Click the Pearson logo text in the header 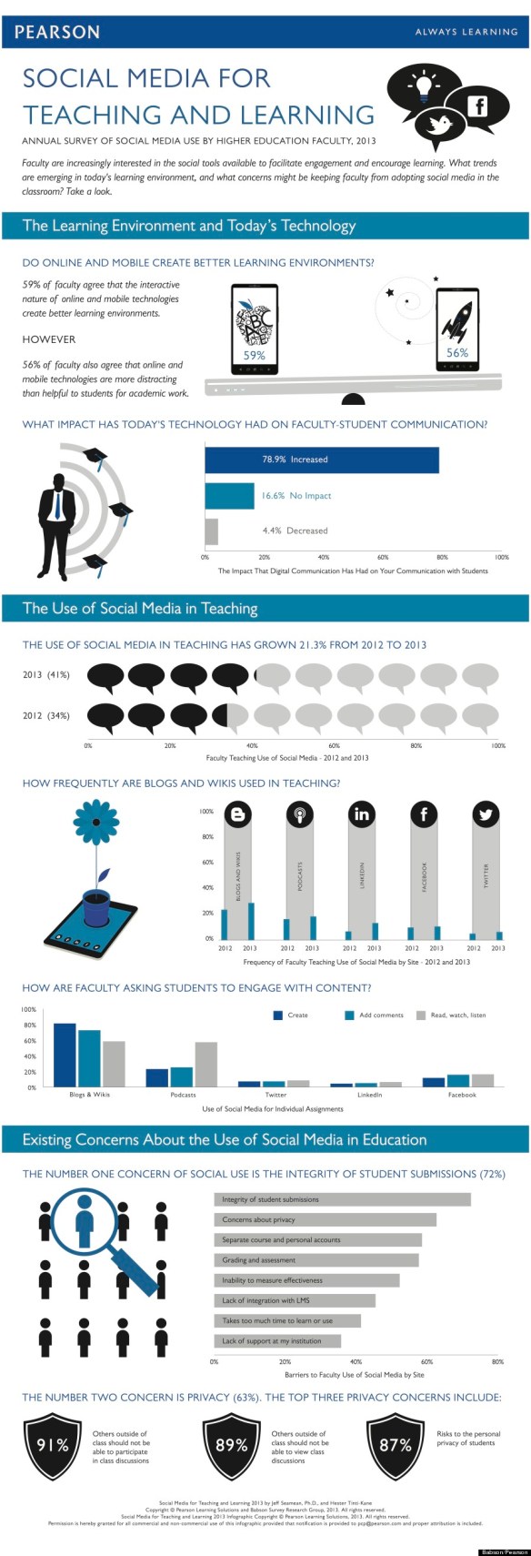coord(56,32)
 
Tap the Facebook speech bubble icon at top coord(476,106)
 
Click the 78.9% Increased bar coord(321,460)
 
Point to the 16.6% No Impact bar coord(229,496)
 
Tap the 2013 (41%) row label coord(46,675)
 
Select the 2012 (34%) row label coord(46,715)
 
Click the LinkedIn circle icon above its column coord(362,813)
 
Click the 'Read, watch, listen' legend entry coord(451,1015)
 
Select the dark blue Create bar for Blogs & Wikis coord(65,1055)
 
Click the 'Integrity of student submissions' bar coord(342,1199)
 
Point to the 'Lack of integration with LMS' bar coord(295,1300)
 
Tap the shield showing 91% coord(53,1445)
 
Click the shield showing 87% coord(396,1445)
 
